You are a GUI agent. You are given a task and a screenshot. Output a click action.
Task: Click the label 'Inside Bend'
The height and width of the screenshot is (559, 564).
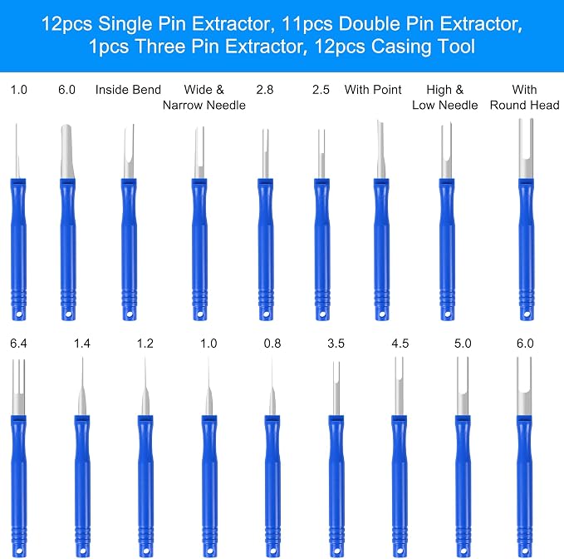(128, 90)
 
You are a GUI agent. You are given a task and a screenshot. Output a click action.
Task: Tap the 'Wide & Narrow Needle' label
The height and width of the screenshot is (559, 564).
(204, 97)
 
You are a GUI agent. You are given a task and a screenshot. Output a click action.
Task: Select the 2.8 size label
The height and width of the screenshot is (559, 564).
(265, 90)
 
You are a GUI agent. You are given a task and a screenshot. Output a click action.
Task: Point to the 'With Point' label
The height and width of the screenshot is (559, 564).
(373, 90)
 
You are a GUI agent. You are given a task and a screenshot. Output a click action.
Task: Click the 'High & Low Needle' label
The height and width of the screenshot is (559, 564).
(445, 97)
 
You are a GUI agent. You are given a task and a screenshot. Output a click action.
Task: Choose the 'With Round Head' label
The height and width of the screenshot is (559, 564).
(524, 97)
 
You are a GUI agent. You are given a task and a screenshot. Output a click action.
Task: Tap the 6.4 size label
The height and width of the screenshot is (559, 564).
(18, 344)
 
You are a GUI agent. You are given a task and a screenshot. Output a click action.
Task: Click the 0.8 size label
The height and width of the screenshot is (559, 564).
(272, 344)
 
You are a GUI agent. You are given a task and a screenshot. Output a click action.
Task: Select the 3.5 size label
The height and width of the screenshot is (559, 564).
(336, 344)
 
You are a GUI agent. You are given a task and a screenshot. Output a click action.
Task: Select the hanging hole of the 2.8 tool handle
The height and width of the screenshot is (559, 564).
(266, 314)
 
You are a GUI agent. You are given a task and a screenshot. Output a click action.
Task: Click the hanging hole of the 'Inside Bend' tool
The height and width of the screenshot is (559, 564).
(130, 315)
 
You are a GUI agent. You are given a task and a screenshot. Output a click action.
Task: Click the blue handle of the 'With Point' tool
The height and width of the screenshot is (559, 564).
(381, 250)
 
